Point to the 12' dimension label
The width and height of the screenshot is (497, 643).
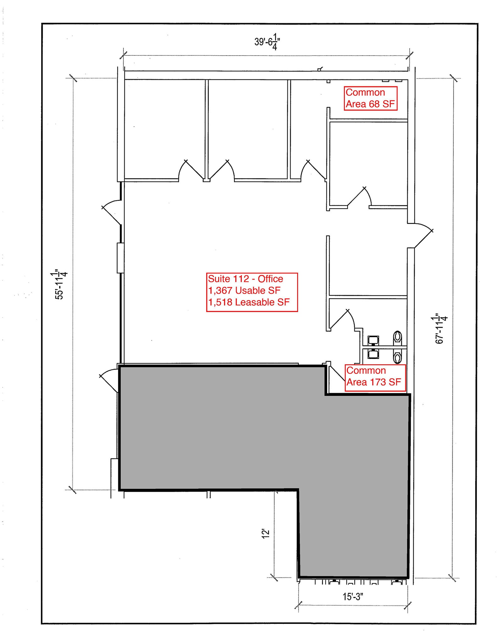(x=266, y=534)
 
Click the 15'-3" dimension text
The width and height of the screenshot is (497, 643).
(x=352, y=597)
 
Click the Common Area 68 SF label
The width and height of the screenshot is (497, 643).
(x=370, y=98)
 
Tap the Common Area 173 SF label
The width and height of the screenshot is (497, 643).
(x=374, y=376)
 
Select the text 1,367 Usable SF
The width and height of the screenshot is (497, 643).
(x=244, y=290)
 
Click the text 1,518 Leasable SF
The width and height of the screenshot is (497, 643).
(x=249, y=302)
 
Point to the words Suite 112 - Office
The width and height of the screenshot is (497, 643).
(x=245, y=279)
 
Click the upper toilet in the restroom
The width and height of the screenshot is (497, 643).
(x=397, y=337)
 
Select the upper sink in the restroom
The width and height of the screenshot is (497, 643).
(x=373, y=340)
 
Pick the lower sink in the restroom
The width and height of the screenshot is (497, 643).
(x=373, y=354)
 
